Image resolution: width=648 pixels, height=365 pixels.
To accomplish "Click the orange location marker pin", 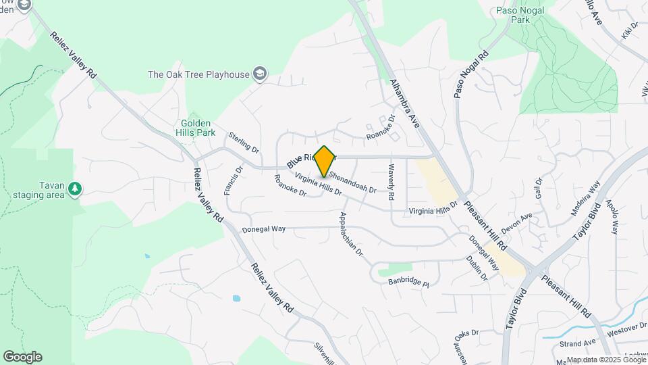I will [325, 161].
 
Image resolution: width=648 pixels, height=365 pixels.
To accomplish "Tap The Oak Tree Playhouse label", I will [198, 74].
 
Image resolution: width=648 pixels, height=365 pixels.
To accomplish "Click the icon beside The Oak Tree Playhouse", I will [260, 74].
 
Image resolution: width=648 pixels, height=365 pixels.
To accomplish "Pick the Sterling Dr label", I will [244, 142].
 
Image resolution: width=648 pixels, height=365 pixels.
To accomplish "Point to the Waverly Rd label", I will [390, 182].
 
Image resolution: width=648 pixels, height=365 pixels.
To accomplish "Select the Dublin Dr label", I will [477, 268].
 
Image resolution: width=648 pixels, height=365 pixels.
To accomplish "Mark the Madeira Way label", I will [585, 198].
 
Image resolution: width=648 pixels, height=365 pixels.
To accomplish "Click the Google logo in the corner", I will [22, 357].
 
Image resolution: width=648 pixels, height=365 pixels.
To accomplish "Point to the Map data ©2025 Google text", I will [605, 360].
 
